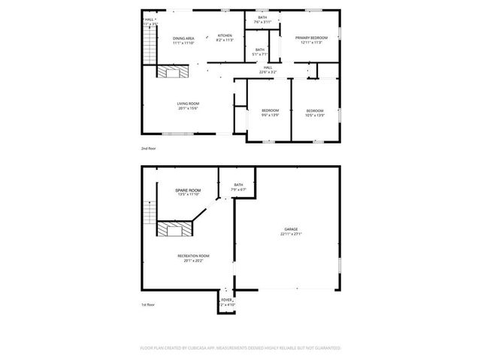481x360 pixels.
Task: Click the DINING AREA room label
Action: click(184, 38)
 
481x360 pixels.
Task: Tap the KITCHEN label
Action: click(225, 36)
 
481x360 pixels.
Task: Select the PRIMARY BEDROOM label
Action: click(310, 38)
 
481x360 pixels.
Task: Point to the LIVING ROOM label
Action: click(188, 104)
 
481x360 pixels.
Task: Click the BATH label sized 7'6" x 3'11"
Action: click(262, 17)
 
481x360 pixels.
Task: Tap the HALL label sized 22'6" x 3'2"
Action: click(268, 68)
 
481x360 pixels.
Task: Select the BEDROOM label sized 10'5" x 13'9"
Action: click(314, 110)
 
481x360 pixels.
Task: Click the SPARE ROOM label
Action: click(188, 191)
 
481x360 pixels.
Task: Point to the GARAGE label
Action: click(291, 229)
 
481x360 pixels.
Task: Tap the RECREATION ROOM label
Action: click(193, 256)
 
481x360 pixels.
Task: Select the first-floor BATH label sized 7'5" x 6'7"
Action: click(238, 185)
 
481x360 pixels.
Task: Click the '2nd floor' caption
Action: click(150, 149)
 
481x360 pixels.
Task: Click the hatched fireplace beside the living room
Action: click(171, 71)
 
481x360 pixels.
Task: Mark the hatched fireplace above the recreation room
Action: click(171, 228)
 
